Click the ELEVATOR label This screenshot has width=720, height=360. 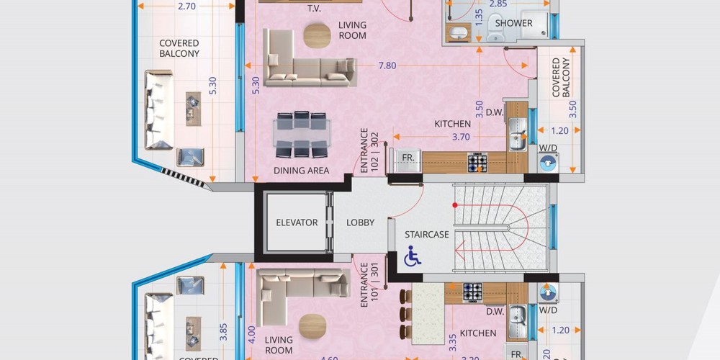tap(297, 222)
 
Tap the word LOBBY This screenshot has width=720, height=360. tap(361, 222)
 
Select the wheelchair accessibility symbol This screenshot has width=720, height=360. tap(413, 256)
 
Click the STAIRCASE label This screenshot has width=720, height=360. tap(426, 235)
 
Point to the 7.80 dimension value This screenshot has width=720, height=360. tap(387, 66)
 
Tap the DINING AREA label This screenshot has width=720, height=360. tap(301, 171)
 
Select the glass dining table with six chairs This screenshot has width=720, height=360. tap(301, 134)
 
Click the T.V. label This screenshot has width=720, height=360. tap(314, 9)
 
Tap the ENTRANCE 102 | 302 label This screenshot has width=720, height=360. tap(369, 150)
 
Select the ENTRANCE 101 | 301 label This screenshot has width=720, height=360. tap(369, 285)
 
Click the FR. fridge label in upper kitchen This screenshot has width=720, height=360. tap(408, 157)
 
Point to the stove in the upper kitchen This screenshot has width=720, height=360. tap(477, 162)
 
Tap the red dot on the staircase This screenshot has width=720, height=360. tap(454, 205)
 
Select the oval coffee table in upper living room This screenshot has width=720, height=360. tap(317, 35)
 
